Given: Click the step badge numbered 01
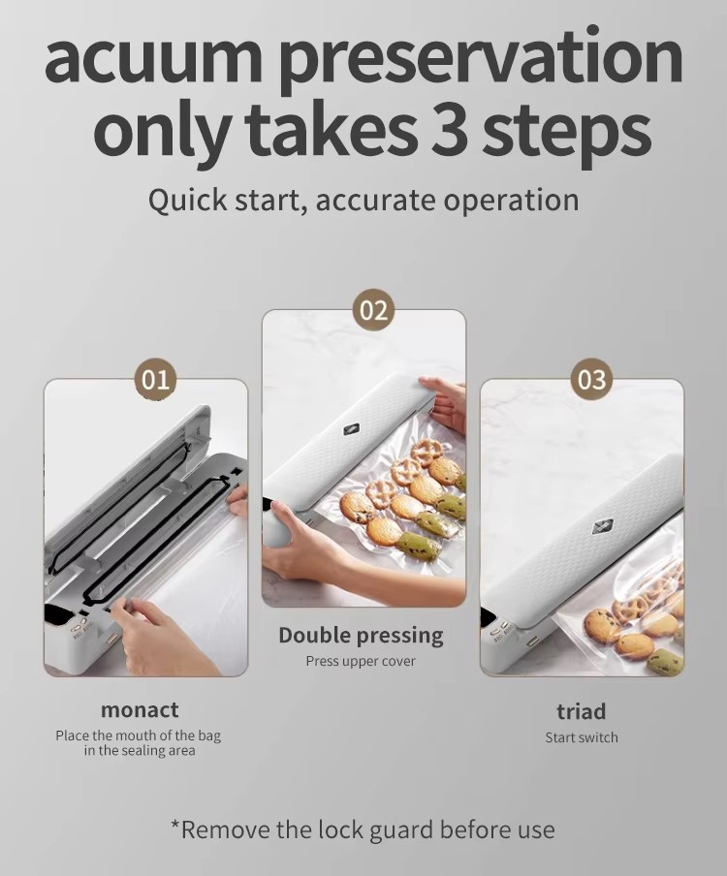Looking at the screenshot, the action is pyautogui.click(x=155, y=379).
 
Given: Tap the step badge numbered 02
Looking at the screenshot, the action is pyautogui.click(x=373, y=310).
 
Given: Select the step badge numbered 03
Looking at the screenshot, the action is pyautogui.click(x=591, y=379).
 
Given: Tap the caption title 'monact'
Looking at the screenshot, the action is pyautogui.click(x=140, y=710).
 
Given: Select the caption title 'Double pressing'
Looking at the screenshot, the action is pyautogui.click(x=361, y=636).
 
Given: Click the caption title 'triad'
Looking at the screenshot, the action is pyautogui.click(x=582, y=711).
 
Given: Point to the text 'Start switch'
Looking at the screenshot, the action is pyautogui.click(x=582, y=737).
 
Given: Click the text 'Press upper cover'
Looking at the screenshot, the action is pyautogui.click(x=361, y=662).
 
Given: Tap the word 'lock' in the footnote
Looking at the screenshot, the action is pyautogui.click(x=340, y=829).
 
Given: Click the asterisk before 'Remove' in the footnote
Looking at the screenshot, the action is pyautogui.click(x=174, y=826).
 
